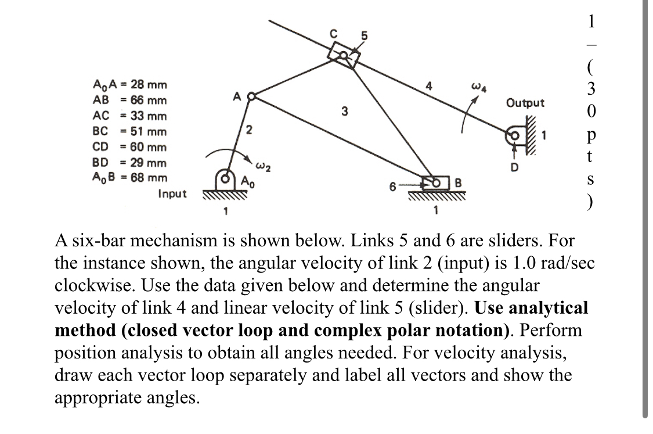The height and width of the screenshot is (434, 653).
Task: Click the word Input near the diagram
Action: coord(172,193)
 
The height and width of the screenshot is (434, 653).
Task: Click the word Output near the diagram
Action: coord(525,103)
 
